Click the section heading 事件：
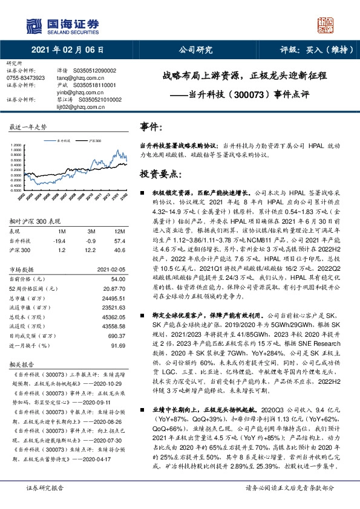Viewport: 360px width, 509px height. [x=151, y=128]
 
